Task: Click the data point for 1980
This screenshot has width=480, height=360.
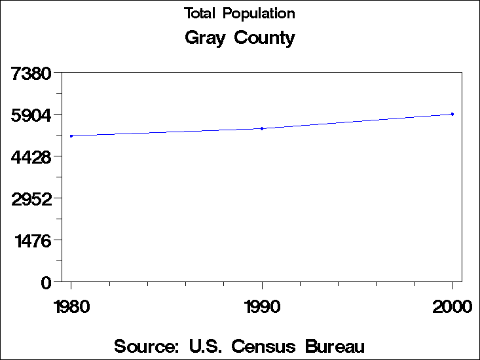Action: [71, 136]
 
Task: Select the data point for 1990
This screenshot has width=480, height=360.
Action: [262, 128]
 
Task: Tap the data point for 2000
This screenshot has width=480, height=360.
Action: [452, 114]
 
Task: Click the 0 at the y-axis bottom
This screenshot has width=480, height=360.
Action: [46, 283]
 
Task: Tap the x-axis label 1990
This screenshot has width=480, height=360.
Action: [262, 306]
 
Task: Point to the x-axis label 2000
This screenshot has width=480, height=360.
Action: [452, 306]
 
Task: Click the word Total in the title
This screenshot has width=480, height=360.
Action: [200, 13]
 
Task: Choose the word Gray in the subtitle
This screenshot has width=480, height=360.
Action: [206, 38]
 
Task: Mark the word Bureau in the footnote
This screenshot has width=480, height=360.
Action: [335, 346]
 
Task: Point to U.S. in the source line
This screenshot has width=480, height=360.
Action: [206, 346]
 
